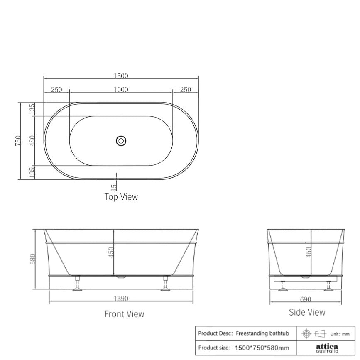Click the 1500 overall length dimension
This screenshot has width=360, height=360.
(121, 76)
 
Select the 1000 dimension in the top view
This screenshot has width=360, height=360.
(121, 90)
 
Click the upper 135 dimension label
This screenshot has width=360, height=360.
(32, 109)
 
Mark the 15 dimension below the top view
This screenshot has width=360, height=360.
(114, 188)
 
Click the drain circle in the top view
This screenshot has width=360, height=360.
(121, 141)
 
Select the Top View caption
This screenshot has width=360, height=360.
(121, 197)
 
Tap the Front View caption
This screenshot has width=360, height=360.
(125, 314)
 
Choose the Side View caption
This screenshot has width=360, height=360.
(307, 312)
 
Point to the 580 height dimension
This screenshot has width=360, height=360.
(32, 259)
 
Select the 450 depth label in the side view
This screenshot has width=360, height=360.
(308, 252)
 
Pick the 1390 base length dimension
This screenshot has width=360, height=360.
(121, 298)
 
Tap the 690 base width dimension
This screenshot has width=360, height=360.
(305, 299)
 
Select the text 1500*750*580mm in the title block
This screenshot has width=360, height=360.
(262, 348)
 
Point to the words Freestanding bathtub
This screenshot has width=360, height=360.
(262, 333)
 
